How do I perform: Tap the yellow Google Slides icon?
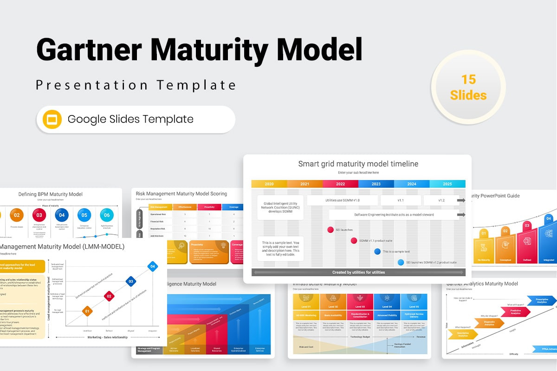pyautogui.click(x=52, y=119)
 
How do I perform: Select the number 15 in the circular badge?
pyautogui.click(x=468, y=79)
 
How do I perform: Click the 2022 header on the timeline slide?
pyautogui.click(x=340, y=184)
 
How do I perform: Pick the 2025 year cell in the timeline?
pyautogui.click(x=447, y=184)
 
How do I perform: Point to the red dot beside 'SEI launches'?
pyautogui.click(x=330, y=230)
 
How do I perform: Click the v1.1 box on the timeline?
pyautogui.click(x=401, y=200)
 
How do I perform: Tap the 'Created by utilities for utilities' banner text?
pyautogui.click(x=358, y=272)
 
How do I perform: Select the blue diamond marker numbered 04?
pyautogui.click(x=152, y=266)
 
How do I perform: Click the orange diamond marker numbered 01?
pyautogui.click(x=87, y=311)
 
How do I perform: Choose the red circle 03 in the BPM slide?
pyautogui.click(x=39, y=215)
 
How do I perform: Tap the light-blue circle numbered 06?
pyautogui.click(x=107, y=215)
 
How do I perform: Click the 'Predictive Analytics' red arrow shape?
pyautogui.click(x=515, y=312)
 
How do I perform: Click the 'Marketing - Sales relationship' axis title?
pyautogui.click(x=108, y=337)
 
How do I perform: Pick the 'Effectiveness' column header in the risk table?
pyautogui.click(x=184, y=207)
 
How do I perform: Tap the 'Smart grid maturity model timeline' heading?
pyautogui.click(x=358, y=164)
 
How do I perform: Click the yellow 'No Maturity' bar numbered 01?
pyautogui.click(x=483, y=248)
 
